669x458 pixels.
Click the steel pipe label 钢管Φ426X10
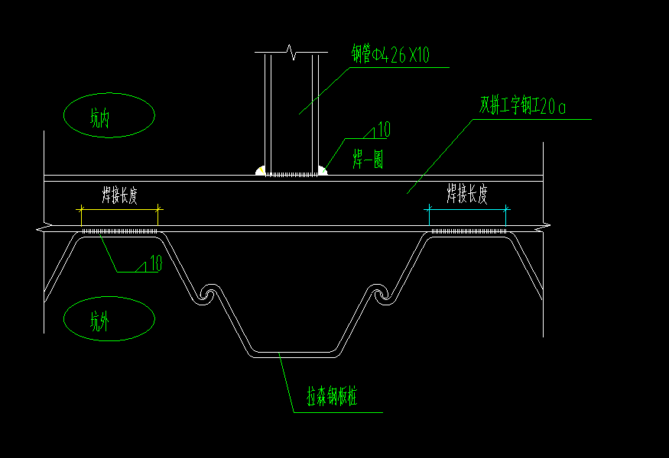(x=390, y=54)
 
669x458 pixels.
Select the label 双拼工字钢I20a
(x=522, y=105)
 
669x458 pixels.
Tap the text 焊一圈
(x=368, y=160)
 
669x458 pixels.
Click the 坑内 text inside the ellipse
(x=100, y=118)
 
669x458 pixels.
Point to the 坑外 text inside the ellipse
(x=100, y=321)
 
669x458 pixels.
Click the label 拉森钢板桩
(x=332, y=396)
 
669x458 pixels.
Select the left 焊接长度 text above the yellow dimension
(x=119, y=195)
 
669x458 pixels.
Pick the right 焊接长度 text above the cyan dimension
(x=467, y=194)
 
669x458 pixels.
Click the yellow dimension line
(x=119, y=209)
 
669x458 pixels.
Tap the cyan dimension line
(x=467, y=209)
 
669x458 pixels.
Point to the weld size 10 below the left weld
(x=156, y=263)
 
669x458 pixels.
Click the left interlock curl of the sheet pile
(x=208, y=294)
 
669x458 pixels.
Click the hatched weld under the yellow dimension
(x=119, y=231)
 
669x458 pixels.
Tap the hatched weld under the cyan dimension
(x=469, y=231)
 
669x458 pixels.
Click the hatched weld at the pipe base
(x=291, y=174)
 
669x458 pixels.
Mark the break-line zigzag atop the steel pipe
(x=292, y=52)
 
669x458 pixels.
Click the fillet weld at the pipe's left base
(x=260, y=170)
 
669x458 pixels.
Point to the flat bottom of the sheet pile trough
(x=295, y=354)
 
